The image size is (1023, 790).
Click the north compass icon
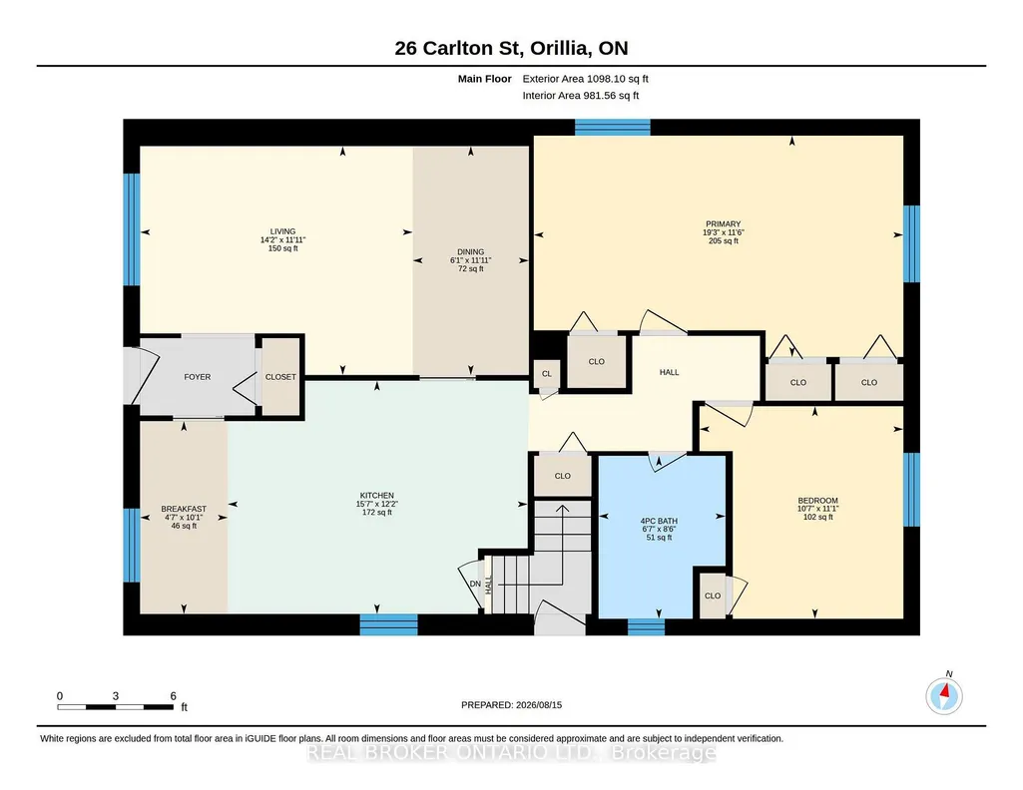point(944,696)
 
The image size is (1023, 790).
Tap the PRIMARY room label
point(723,224)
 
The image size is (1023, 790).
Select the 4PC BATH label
point(659,521)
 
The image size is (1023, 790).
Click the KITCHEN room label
point(377,496)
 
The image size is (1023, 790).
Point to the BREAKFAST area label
point(184,509)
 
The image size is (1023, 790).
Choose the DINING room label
point(470,251)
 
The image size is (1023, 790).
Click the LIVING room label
point(282,231)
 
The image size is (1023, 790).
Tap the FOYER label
point(197,377)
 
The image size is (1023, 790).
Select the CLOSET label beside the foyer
point(280,377)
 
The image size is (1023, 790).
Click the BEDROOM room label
point(817,501)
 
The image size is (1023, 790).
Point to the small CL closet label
point(547,373)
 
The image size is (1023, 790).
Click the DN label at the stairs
point(476,585)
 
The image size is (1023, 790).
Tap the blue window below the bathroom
point(646,627)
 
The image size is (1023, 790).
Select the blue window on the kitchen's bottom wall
point(389,624)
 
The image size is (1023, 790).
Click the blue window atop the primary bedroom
point(613,127)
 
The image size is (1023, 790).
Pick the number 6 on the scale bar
point(173,696)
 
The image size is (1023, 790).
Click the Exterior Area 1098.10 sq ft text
point(585,79)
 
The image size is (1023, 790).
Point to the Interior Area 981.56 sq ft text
point(581,95)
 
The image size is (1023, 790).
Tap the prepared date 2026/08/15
point(539,704)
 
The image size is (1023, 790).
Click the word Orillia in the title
point(562,48)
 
